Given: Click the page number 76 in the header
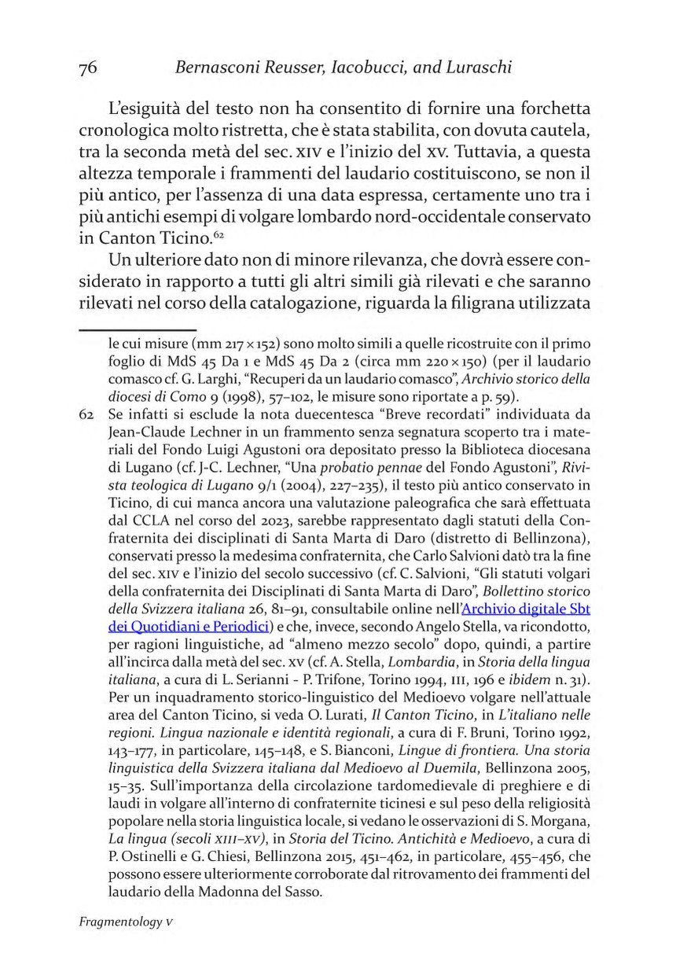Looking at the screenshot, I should tap(88, 68).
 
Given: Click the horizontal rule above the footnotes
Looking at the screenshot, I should tap(137, 330).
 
